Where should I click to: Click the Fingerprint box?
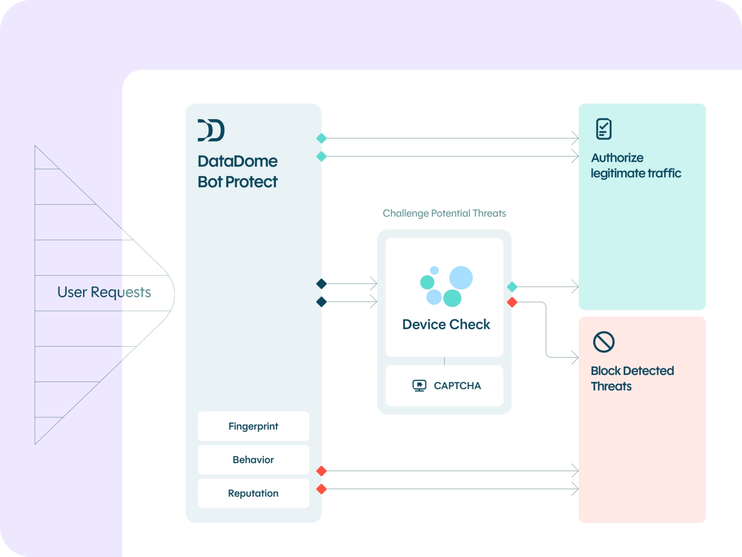[x=253, y=426]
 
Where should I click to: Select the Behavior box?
[x=253, y=459]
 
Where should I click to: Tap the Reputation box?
[x=253, y=493]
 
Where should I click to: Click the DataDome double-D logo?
[x=211, y=130]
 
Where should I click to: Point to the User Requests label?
[x=104, y=292]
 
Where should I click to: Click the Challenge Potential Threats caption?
[x=444, y=213]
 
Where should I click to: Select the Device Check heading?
[x=446, y=324]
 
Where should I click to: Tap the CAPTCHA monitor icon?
[x=419, y=385]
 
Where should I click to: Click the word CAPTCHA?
[x=457, y=385]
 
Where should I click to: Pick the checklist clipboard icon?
[x=603, y=129]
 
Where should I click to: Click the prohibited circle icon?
[x=603, y=342]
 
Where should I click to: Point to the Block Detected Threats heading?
[x=632, y=379]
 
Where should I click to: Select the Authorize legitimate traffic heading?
[x=636, y=165]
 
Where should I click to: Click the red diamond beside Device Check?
[x=512, y=302]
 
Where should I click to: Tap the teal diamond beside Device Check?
[x=512, y=287]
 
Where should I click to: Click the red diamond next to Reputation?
[x=321, y=489]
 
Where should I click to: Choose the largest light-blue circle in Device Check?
[x=461, y=278]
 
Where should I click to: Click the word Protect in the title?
[x=251, y=182]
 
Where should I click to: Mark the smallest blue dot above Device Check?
[x=434, y=270]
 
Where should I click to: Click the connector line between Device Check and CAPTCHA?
[x=444, y=361]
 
